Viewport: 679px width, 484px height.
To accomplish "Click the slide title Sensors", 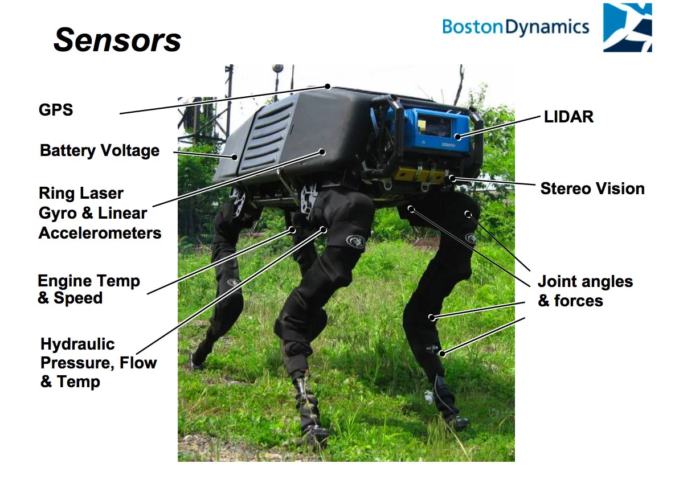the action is pyautogui.click(x=117, y=40).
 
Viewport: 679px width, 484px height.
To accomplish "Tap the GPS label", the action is pyautogui.click(x=56, y=110).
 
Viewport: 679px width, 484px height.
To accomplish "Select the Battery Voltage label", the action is pyautogui.click(x=100, y=151).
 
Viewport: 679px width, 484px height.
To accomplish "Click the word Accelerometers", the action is pyautogui.click(x=100, y=233).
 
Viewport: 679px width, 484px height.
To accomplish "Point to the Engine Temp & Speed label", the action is pyautogui.click(x=89, y=289).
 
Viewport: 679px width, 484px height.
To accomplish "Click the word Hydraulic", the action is pyautogui.click(x=77, y=344).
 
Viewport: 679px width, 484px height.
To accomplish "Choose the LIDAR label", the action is pyautogui.click(x=568, y=117).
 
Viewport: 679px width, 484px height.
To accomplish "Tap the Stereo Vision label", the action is pyautogui.click(x=592, y=188).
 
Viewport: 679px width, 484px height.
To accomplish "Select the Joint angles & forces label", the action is pyautogui.click(x=585, y=291).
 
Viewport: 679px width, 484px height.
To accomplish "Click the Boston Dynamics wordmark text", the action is pyautogui.click(x=516, y=27).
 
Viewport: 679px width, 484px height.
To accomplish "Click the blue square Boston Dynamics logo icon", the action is pyautogui.click(x=628, y=28).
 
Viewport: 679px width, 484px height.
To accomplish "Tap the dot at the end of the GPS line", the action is pyautogui.click(x=328, y=87).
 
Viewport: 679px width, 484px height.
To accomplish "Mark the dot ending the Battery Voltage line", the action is pyautogui.click(x=235, y=157).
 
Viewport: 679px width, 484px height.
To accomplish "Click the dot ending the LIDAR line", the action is pyautogui.click(x=458, y=137).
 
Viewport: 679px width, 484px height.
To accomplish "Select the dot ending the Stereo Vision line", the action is pyautogui.click(x=452, y=178).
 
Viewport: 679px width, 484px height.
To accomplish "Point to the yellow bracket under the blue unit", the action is pyautogui.click(x=420, y=174).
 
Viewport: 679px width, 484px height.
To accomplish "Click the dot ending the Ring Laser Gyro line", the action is pyautogui.click(x=322, y=152).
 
